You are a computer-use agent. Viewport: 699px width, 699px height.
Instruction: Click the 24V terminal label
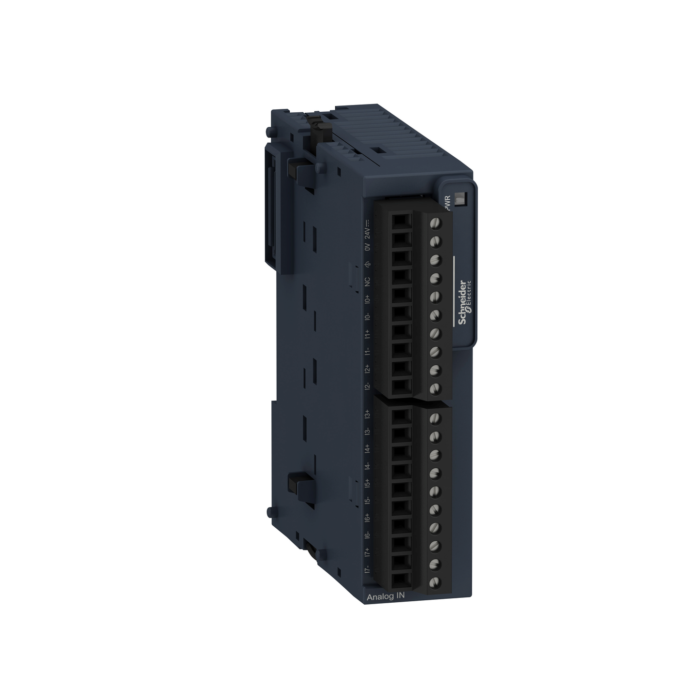tap(367, 230)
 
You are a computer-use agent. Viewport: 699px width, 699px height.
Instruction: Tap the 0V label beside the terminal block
tap(367, 247)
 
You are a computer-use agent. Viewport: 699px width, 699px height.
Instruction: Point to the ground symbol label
tap(367, 265)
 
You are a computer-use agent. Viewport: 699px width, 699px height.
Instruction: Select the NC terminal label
tap(367, 282)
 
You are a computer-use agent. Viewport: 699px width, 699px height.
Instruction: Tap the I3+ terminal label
tap(367, 415)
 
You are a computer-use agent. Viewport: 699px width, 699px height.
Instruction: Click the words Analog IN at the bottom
tap(386, 597)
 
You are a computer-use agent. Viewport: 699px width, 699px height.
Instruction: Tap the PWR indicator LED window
tap(460, 199)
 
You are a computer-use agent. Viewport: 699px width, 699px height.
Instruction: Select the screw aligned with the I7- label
tap(435, 582)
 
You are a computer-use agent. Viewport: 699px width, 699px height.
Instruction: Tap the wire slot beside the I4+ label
tap(400, 452)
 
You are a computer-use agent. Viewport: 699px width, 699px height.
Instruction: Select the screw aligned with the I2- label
tap(435, 388)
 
